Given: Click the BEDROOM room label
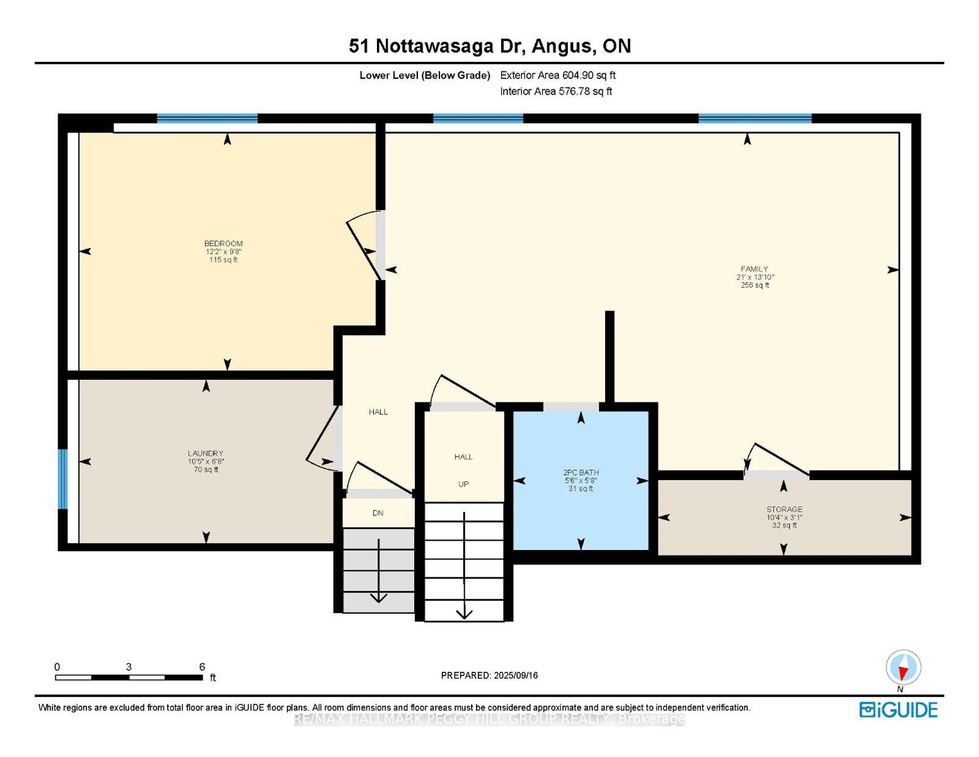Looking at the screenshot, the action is tap(223, 244).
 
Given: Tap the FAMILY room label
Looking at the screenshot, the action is tap(754, 269).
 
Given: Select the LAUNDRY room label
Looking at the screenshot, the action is tap(206, 453).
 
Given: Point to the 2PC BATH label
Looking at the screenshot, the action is tap(581, 472).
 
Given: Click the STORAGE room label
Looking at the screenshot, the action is tap(784, 509).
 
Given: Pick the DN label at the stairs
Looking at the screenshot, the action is tap(378, 513).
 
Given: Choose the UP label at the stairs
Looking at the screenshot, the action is tap(463, 484).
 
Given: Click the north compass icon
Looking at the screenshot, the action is tap(903, 667).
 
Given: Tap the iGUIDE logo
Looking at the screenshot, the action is tap(898, 710).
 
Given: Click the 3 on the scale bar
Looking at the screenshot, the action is tap(129, 667).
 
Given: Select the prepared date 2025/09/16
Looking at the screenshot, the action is tap(516, 676).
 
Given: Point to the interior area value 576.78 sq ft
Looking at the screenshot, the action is tap(585, 91).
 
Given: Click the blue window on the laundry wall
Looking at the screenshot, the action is tap(63, 479).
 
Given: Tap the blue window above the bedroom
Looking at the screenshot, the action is tap(207, 119).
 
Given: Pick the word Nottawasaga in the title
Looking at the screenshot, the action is tap(435, 47).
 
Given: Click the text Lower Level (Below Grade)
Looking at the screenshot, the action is tap(424, 75).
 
